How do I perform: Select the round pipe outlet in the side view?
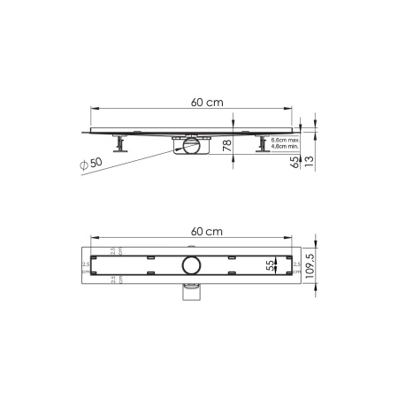[x=188, y=147]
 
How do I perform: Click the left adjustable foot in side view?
[x=118, y=143]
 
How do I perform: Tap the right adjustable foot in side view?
[x=263, y=143]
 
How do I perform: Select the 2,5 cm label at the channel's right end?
[x=297, y=264]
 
